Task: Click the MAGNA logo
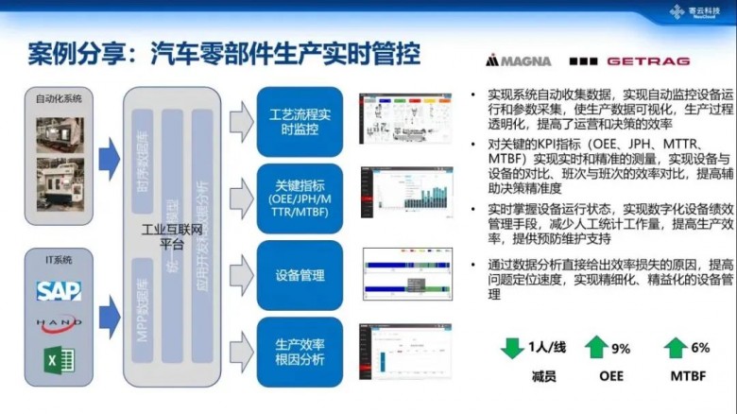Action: point(518,60)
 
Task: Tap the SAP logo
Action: point(59,290)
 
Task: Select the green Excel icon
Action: point(58,359)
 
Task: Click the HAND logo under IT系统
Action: point(59,323)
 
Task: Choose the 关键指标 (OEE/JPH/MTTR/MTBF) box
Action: point(300,197)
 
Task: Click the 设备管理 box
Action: point(300,275)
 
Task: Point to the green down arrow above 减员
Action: point(512,348)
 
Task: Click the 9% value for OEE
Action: point(621,349)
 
